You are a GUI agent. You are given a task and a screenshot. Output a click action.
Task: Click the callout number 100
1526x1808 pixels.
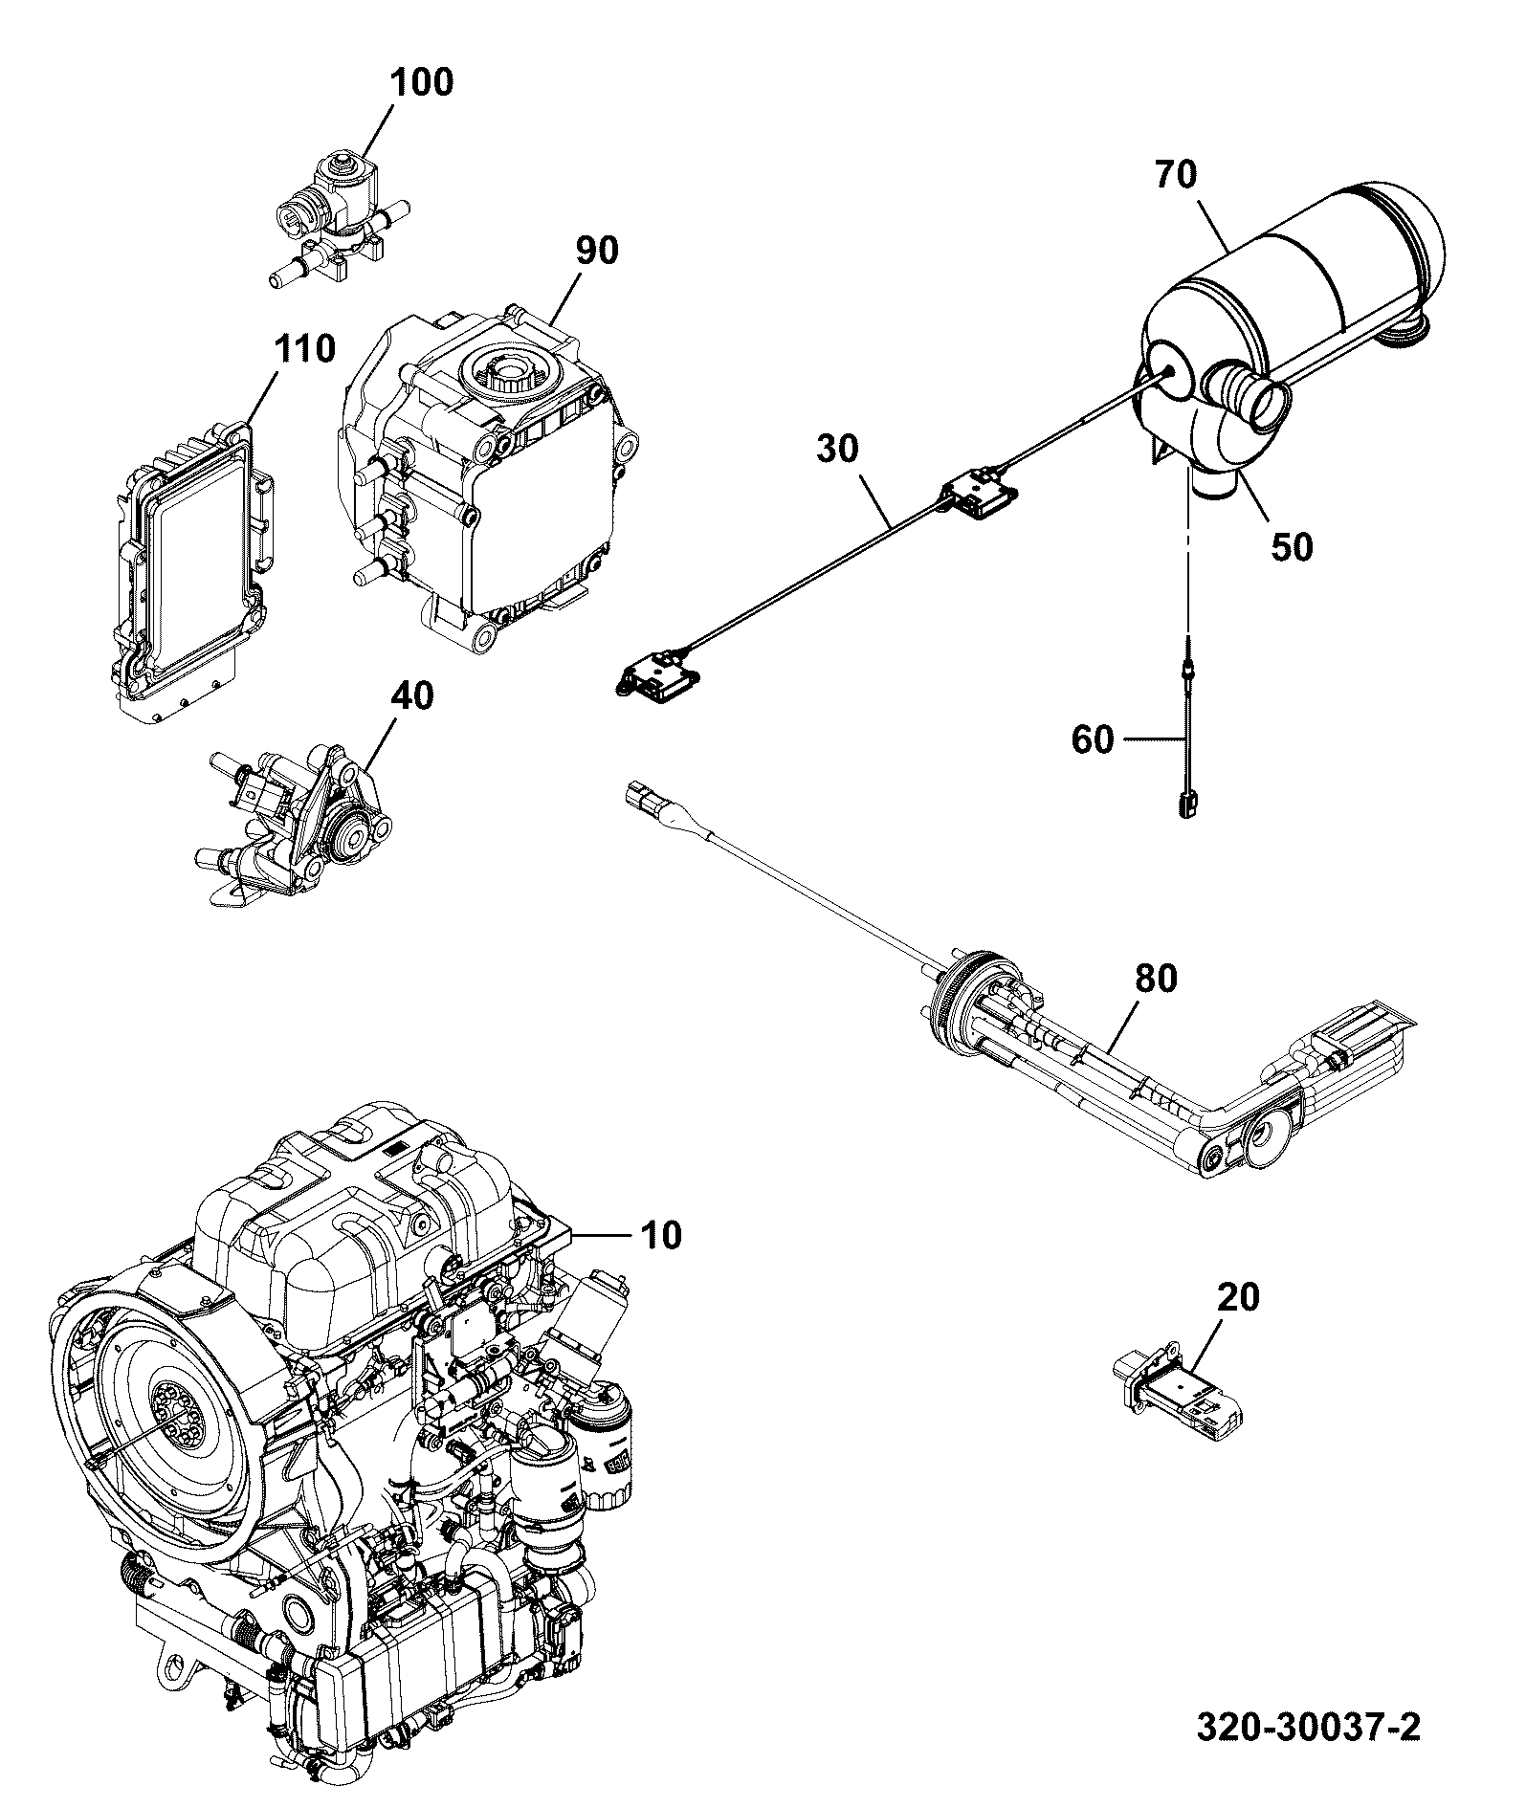421,82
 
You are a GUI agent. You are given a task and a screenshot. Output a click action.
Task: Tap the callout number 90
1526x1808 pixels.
597,251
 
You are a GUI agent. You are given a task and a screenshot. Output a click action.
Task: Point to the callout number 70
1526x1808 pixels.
1176,175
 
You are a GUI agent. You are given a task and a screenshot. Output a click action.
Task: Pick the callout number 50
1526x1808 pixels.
1292,547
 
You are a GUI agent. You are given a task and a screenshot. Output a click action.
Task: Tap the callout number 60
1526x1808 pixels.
1093,739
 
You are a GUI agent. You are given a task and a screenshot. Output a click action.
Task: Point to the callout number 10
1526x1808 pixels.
661,1235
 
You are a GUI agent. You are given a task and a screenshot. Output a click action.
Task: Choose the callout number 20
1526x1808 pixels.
1239,1298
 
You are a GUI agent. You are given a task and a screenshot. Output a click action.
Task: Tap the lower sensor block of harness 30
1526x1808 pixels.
661,673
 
